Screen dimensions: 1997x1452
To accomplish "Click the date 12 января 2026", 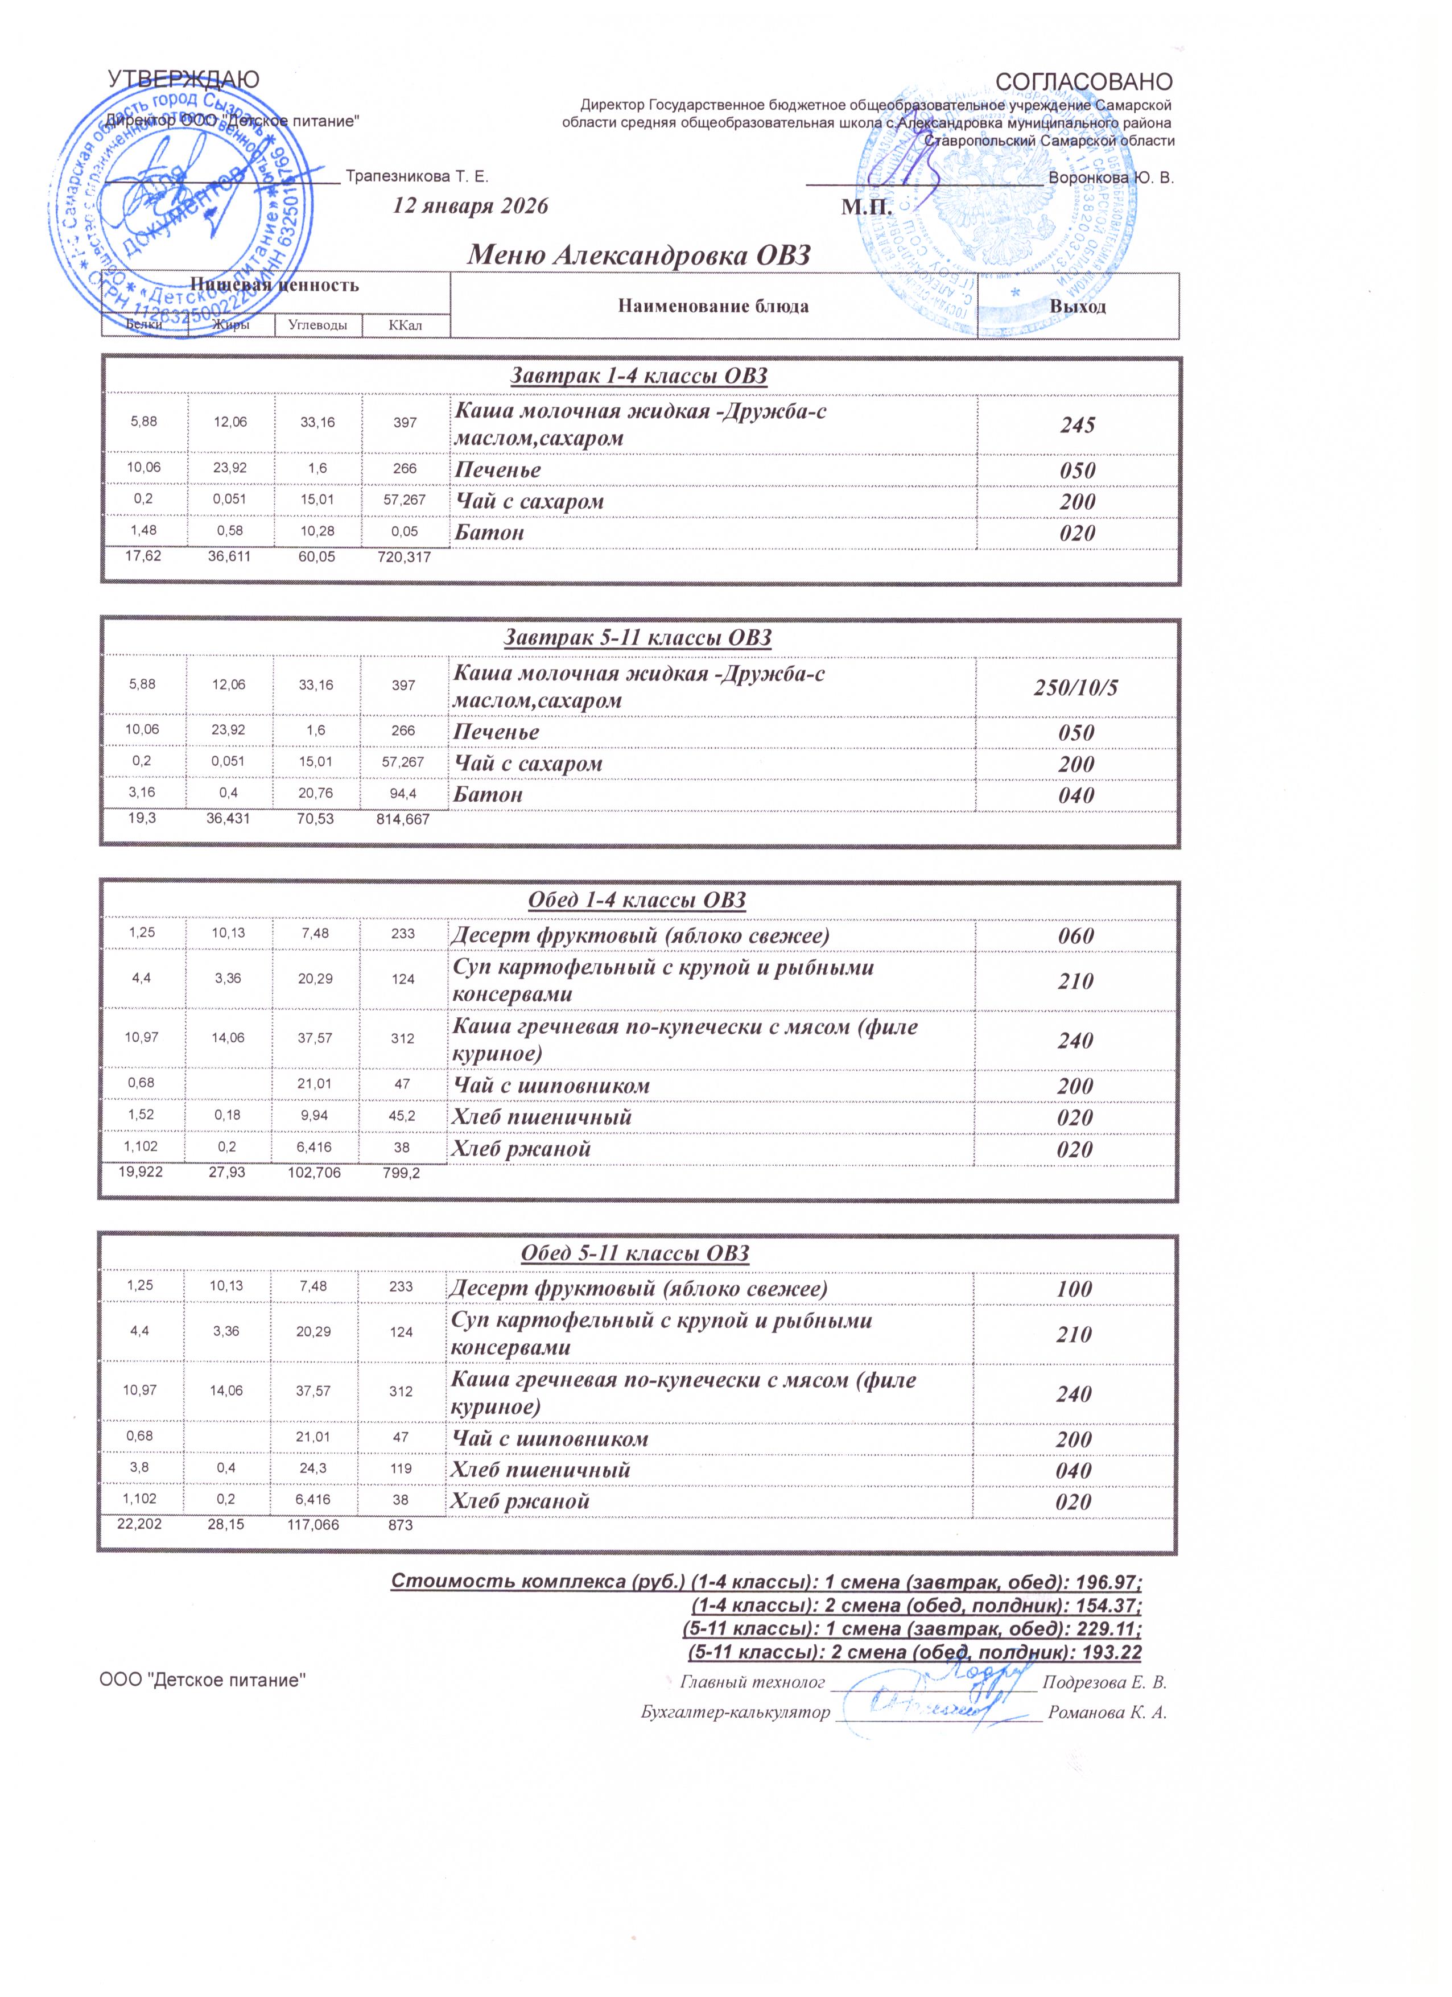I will coord(470,207).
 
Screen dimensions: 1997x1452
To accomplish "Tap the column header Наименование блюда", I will coord(713,307).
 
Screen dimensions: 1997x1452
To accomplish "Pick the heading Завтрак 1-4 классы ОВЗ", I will coord(640,377).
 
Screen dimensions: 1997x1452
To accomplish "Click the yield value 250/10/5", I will coord(1076,688).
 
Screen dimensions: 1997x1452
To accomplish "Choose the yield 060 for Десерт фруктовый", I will coord(1075,936).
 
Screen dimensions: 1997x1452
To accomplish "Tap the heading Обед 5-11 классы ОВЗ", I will coord(635,1254).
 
